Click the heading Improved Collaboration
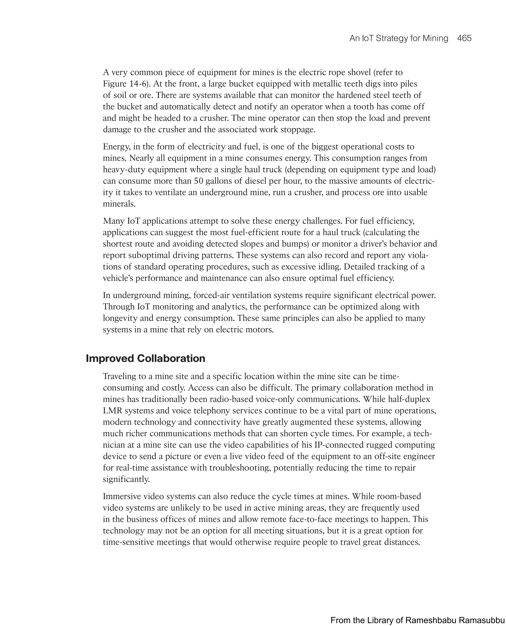coord(146,358)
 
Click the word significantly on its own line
coord(126,479)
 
